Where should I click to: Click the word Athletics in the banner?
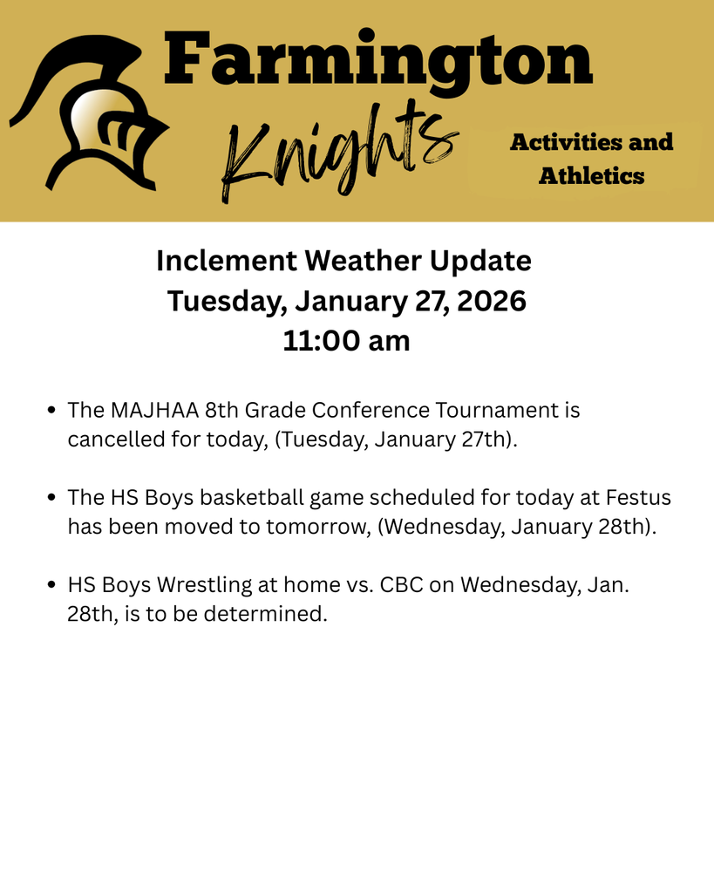[591, 176]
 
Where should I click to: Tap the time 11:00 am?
[346, 341]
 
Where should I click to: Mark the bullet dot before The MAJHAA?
[52, 410]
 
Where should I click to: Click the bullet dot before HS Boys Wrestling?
[52, 584]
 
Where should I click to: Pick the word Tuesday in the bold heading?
[226, 301]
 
